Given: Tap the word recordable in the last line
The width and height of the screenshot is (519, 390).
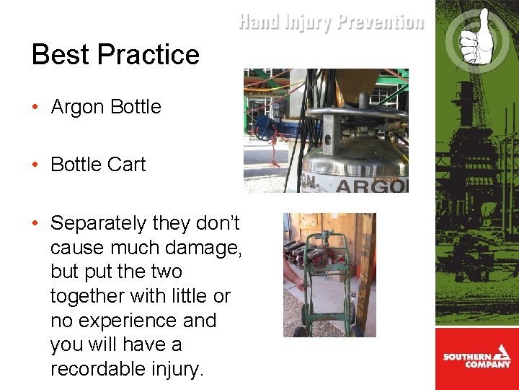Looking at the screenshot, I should tap(102, 369).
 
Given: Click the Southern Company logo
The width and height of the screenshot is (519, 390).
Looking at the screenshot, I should tap(476, 358).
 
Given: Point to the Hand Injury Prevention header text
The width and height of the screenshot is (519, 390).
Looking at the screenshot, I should tap(331, 22).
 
